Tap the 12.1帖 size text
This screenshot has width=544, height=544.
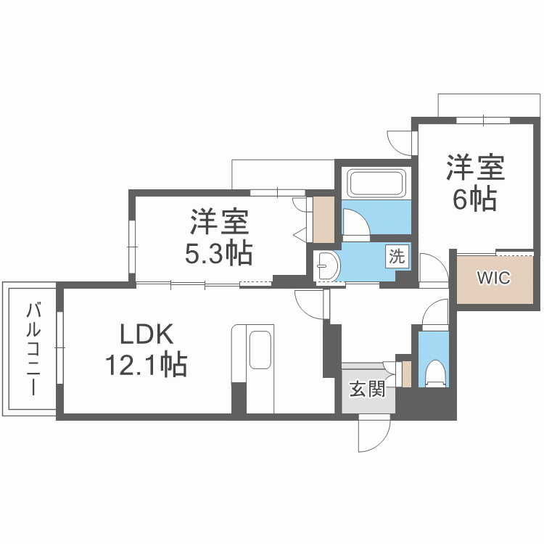146,364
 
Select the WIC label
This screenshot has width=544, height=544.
493,278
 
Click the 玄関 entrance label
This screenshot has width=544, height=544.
366,390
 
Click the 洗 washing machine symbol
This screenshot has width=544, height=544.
397,255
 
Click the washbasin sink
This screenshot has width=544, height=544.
327,266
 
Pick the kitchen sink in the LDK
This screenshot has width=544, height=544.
260,351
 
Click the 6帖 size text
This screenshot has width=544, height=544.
475,198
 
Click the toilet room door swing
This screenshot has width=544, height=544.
437,313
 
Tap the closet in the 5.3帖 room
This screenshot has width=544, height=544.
323,219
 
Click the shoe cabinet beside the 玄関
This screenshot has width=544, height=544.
406,373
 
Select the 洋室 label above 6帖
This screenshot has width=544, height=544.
475,169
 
